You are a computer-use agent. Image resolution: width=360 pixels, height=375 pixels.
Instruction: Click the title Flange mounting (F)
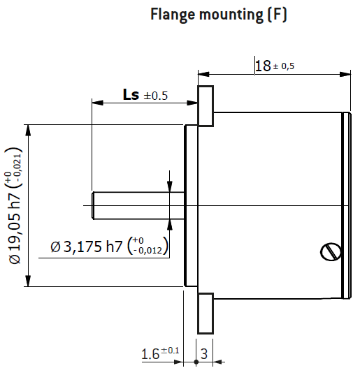point(219,15)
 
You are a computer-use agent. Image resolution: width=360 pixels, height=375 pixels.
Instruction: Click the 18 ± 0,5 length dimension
point(274,66)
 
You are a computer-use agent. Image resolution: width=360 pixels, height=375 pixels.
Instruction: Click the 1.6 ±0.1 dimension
point(160,353)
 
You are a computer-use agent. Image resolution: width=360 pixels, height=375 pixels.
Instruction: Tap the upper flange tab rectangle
point(206,106)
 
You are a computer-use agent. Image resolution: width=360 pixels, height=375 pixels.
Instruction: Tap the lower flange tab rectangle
point(206,313)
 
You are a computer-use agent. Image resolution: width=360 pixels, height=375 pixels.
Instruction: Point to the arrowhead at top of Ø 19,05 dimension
point(28,129)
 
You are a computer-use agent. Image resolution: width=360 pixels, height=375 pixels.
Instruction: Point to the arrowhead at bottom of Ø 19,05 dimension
point(28,281)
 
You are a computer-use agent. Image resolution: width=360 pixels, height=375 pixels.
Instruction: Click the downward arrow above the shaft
point(169,186)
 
